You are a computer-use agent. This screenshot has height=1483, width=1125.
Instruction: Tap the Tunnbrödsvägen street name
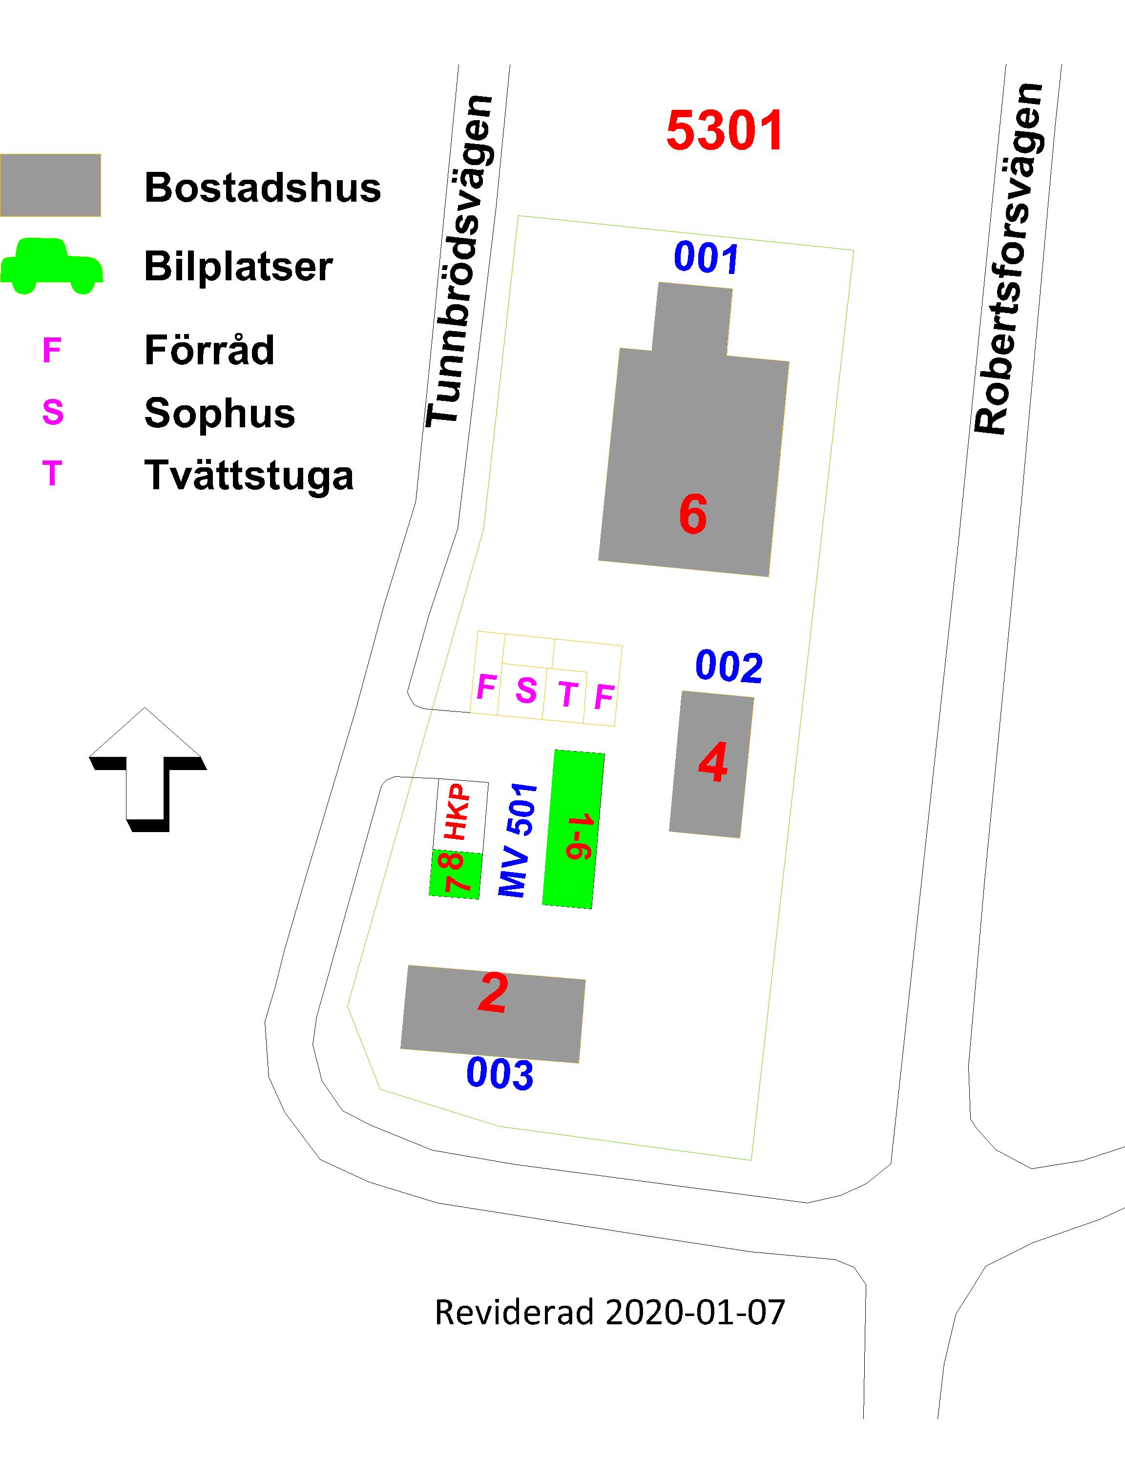click(460, 261)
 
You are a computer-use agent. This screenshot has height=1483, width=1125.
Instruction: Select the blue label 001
click(707, 258)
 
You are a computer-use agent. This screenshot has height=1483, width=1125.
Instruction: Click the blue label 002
click(729, 667)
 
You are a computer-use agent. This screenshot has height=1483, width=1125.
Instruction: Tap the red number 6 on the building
click(692, 514)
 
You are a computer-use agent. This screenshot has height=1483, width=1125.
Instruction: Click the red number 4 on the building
click(713, 762)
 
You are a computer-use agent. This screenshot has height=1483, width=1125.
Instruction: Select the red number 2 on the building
click(493, 992)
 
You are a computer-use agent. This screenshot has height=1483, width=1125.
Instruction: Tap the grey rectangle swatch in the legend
click(50, 185)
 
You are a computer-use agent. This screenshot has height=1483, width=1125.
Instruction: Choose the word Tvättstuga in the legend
click(249, 475)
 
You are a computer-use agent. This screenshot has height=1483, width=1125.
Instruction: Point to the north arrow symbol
click(147, 770)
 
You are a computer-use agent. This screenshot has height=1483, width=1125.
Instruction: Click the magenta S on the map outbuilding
click(526, 690)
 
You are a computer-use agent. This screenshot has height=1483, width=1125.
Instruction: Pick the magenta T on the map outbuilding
click(568, 694)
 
